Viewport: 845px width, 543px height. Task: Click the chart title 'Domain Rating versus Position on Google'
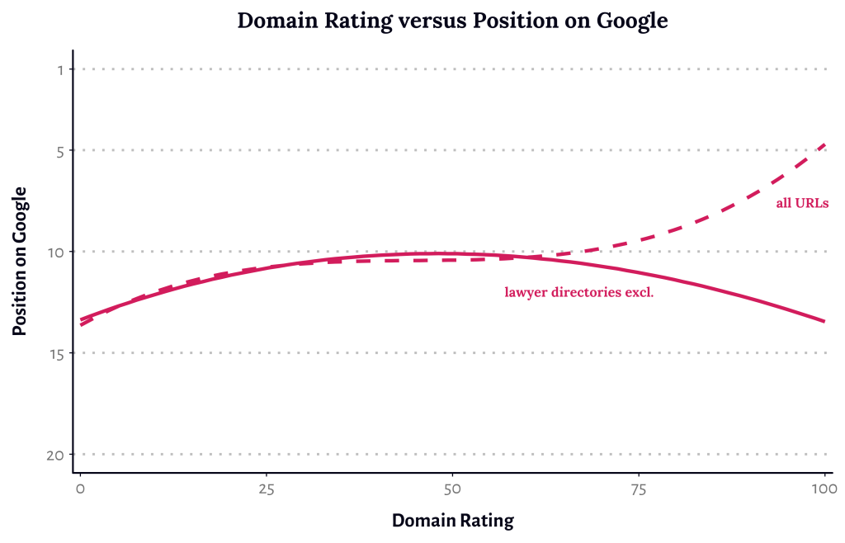point(452,21)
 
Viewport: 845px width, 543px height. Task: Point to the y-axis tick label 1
point(60,69)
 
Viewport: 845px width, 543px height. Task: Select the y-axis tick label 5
point(60,150)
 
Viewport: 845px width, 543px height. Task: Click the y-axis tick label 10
point(56,252)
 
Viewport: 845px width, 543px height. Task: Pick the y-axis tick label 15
point(56,353)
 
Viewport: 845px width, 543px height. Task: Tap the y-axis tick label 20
point(55,455)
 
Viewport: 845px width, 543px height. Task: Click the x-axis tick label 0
point(80,489)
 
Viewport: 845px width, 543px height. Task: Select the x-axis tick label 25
point(266,489)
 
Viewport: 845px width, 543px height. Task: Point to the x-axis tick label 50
point(452,489)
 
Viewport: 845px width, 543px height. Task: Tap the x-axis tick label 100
point(824,489)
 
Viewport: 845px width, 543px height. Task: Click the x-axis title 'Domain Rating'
point(452,521)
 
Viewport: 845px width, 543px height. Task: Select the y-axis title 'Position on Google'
point(21,261)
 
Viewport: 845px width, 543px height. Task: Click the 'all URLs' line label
point(801,202)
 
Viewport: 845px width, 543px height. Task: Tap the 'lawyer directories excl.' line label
point(579,292)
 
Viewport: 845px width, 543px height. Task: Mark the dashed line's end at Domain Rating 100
point(824,145)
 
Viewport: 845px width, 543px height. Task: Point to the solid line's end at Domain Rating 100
point(824,321)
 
